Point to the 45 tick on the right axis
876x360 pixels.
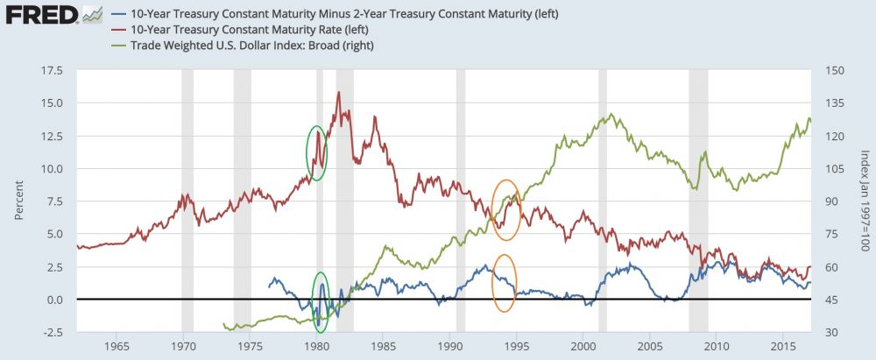click(x=823, y=300)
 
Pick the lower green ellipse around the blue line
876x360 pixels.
click(x=321, y=302)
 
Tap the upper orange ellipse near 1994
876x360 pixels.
click(x=506, y=209)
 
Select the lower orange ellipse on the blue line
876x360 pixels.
click(x=504, y=282)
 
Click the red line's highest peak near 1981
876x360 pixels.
click(x=338, y=92)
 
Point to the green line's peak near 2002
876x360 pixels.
click(x=611, y=115)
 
